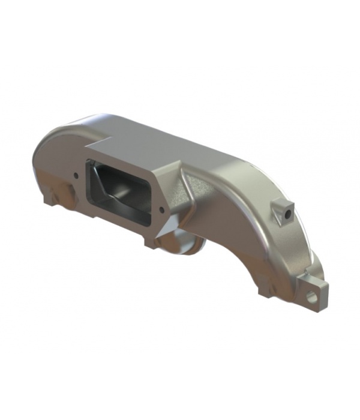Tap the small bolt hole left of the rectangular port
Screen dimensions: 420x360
76,175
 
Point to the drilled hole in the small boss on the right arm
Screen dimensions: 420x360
289,212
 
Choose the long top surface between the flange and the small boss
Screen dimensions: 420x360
216,162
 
